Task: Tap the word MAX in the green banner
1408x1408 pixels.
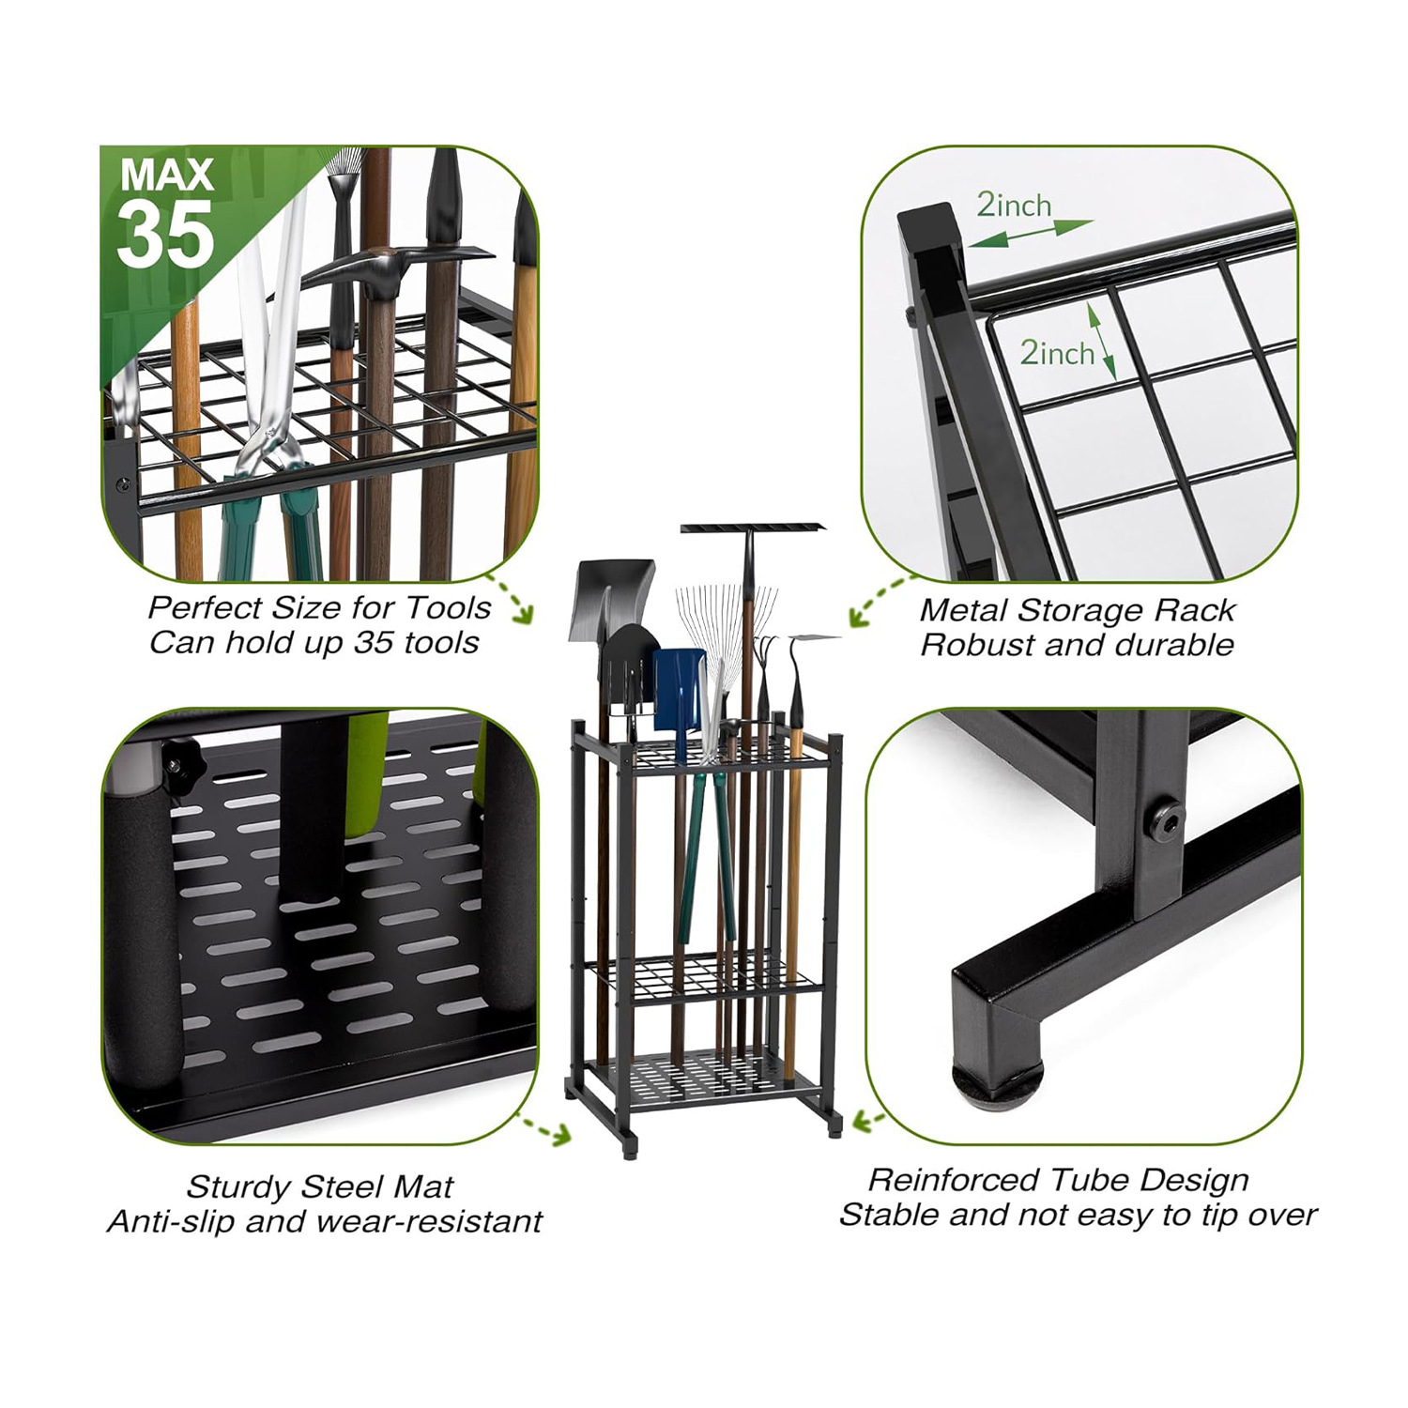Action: pos(167,175)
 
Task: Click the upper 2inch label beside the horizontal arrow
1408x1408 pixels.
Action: pos(1014,205)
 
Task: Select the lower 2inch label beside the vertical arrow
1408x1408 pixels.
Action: pos(1057,353)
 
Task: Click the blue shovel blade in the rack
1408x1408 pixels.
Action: pos(679,691)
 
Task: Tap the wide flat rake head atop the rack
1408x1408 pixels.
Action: pos(752,528)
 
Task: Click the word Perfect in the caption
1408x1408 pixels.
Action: pos(204,608)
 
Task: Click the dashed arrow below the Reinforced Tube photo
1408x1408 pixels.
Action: pos(869,1120)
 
